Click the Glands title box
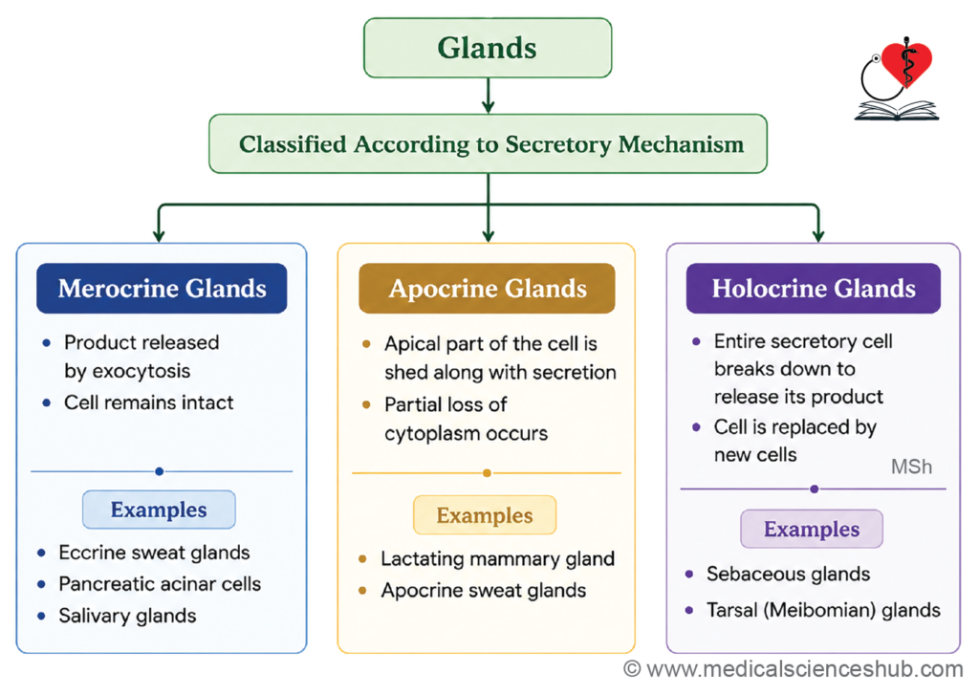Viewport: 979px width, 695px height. tap(488, 48)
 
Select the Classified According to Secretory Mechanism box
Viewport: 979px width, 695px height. tap(488, 143)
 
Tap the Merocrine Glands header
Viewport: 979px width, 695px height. tap(162, 288)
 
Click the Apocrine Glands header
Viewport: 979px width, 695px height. tap(487, 288)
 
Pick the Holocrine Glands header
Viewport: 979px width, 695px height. tap(814, 288)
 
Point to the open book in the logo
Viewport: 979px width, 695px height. tap(897, 111)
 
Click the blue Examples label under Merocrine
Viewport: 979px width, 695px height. tap(160, 510)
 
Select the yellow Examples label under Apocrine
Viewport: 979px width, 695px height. tap(485, 515)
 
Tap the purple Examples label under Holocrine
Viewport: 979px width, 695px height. tap(812, 529)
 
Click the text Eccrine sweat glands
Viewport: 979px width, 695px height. tap(154, 553)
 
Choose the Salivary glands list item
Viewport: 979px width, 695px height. tap(127, 617)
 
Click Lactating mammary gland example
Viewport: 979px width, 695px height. tap(497, 559)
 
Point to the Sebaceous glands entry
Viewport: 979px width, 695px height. tap(788, 575)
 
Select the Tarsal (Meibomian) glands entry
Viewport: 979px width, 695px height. tap(823, 610)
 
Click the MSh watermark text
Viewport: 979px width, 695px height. tap(911, 467)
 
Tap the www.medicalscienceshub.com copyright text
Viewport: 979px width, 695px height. tap(794, 669)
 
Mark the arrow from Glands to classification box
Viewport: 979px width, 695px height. tap(489, 96)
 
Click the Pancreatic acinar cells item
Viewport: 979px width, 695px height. tap(160, 584)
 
